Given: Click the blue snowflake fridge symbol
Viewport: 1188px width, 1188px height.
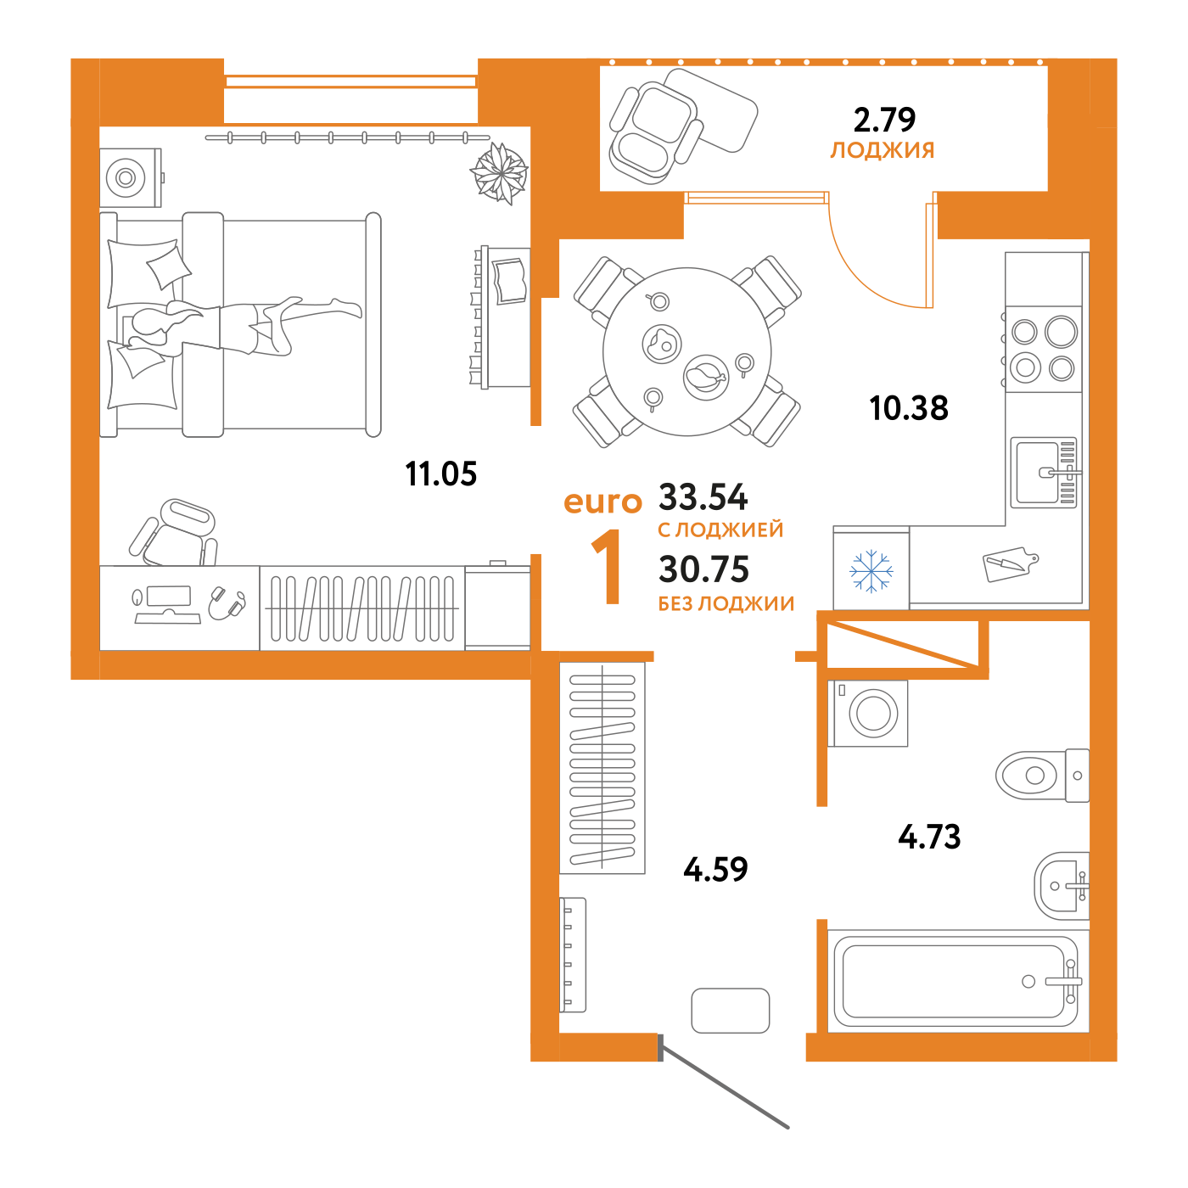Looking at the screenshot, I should [x=871, y=570].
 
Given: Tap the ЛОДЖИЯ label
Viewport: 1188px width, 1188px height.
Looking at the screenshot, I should [x=882, y=151].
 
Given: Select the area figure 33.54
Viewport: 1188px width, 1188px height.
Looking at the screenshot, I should [x=703, y=496].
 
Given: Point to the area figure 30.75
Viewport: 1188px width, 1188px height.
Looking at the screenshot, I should [x=703, y=569].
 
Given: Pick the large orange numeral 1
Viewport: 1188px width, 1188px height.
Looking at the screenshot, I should [x=608, y=567].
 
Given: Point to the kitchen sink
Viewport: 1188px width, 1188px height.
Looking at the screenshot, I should [x=1043, y=473].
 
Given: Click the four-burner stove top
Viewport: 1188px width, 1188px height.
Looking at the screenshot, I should [x=1043, y=349].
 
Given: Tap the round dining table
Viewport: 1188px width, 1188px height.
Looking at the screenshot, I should [x=686, y=351].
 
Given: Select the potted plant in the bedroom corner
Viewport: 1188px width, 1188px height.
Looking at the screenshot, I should [x=500, y=173].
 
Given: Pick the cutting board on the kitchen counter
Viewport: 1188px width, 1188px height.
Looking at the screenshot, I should [x=1009, y=563].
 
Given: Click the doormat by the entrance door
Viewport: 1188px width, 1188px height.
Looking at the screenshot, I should [x=730, y=1011].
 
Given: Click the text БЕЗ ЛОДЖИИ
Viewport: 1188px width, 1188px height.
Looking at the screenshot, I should [x=726, y=603].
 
